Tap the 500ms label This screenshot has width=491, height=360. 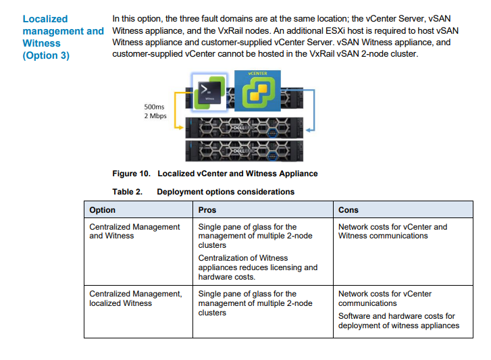pyautogui.click(x=154, y=106)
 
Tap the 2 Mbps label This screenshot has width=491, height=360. pyautogui.click(x=155, y=115)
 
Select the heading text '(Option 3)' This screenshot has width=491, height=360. pyautogui.click(x=46, y=55)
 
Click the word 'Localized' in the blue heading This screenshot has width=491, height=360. pyautogui.click(x=45, y=19)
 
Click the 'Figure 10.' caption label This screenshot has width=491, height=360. pyautogui.click(x=132, y=174)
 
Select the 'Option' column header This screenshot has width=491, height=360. pyautogui.click(x=103, y=210)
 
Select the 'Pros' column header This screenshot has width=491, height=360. pyautogui.click(x=207, y=210)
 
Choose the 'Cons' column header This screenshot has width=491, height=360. pyautogui.click(x=348, y=210)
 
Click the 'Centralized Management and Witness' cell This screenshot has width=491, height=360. pyautogui.click(x=134, y=231)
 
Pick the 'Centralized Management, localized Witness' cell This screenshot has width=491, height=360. pyautogui.click(x=135, y=298)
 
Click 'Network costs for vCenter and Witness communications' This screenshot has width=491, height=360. pyautogui.click(x=392, y=231)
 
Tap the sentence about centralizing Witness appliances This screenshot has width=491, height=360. pyautogui.click(x=257, y=267)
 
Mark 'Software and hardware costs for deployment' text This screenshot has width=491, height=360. pyautogui.click(x=398, y=321)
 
